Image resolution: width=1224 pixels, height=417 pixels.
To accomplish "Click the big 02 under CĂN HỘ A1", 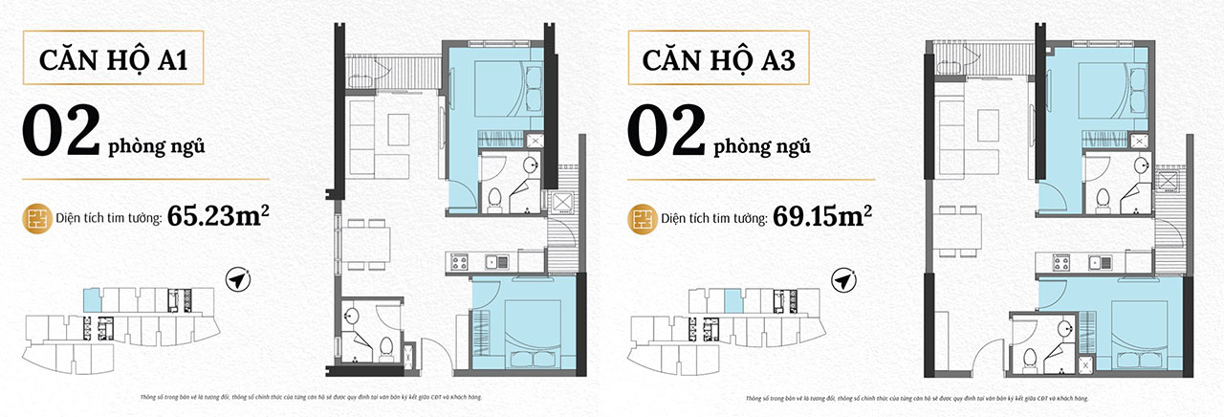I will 62,133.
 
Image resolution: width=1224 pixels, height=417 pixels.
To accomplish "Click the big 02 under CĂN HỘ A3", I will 667,133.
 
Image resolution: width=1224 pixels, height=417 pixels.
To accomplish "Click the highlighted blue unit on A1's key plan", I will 89,298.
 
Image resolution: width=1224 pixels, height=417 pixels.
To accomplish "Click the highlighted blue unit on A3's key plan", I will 734,301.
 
